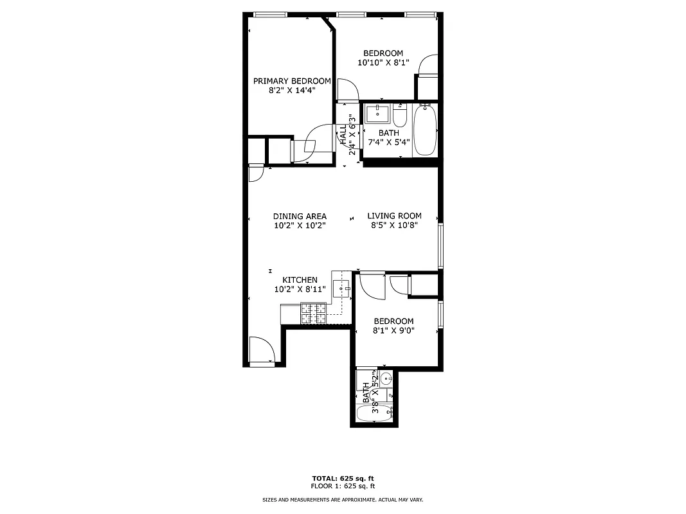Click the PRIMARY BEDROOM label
point(292,81)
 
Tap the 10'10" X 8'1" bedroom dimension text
point(383,63)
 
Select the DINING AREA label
point(300,217)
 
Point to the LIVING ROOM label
point(394,216)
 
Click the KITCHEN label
point(300,280)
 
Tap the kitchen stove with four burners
point(314,314)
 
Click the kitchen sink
point(341,288)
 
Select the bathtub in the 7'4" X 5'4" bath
point(425,130)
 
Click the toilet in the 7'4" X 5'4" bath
point(399,118)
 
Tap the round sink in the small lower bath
point(386,378)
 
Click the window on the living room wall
point(440,245)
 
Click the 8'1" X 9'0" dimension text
point(394,331)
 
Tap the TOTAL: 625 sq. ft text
point(343,479)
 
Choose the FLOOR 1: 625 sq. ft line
point(343,486)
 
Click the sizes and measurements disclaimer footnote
point(343,500)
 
